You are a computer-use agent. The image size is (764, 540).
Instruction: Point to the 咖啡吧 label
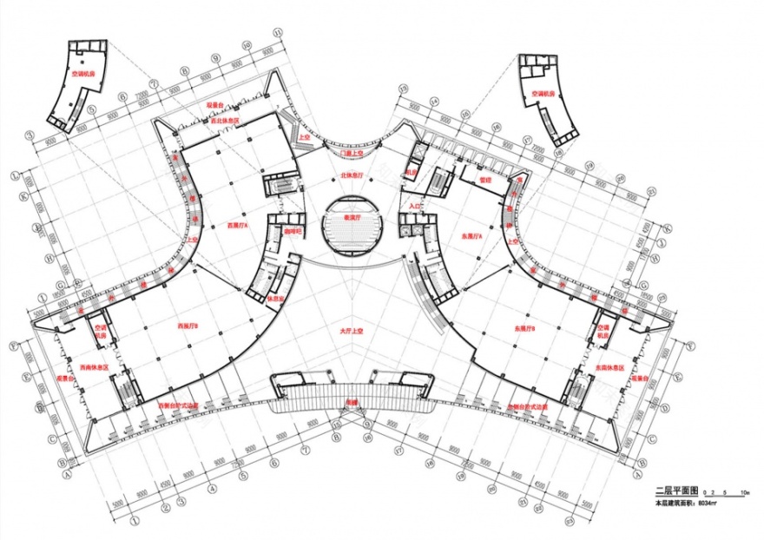[x=293, y=233]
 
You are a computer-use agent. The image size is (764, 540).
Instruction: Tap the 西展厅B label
[x=188, y=326]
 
